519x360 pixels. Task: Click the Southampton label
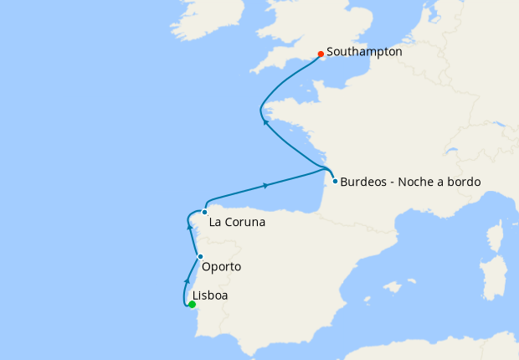[364, 52]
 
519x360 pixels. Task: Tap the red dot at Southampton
[321, 55]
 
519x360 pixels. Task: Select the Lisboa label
[210, 296]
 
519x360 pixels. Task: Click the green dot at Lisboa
[193, 305]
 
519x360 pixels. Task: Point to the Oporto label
[222, 267]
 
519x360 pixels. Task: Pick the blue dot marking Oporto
[200, 256]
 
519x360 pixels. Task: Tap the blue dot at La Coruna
[204, 213]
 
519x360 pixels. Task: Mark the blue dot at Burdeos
[335, 181]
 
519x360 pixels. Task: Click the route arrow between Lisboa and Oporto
[188, 279]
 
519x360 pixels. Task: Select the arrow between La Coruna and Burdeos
[265, 185]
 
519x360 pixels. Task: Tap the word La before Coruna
[215, 223]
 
